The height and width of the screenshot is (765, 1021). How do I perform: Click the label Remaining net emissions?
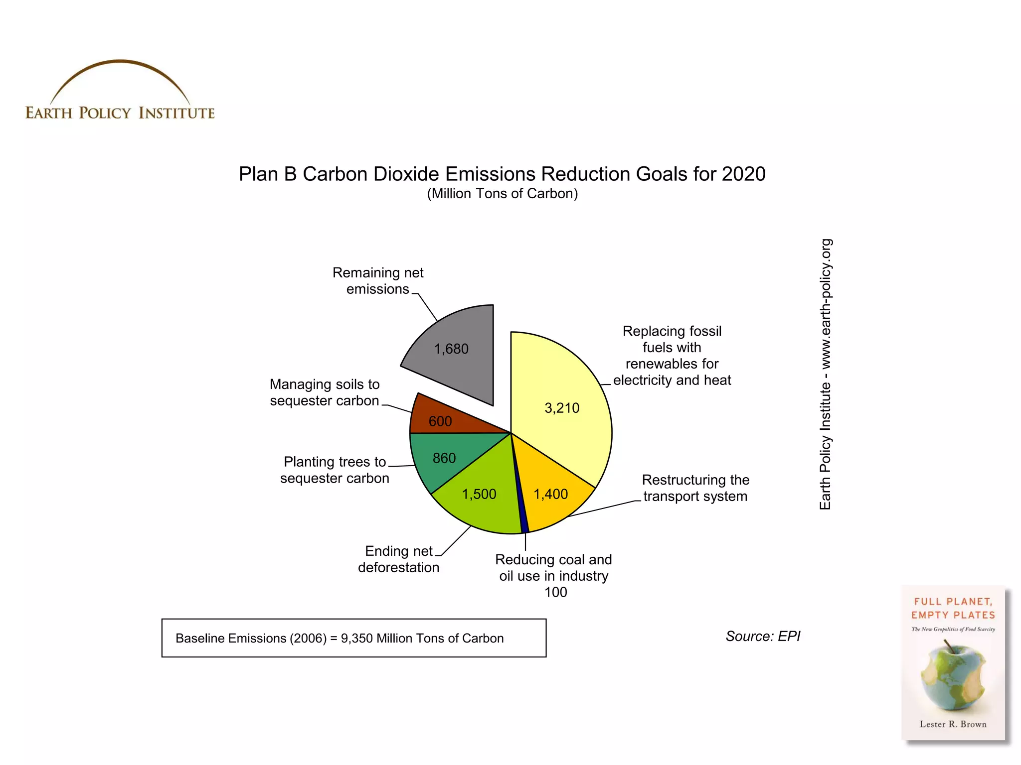pos(377,281)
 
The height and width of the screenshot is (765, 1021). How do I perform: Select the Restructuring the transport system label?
pos(695,488)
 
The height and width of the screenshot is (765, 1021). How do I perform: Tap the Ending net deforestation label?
pos(398,559)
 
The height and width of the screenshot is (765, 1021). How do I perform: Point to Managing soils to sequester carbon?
pos(325,392)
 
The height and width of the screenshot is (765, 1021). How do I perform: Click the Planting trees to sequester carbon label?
pos(335,470)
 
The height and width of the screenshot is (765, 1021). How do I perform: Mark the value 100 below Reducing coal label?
pos(555,592)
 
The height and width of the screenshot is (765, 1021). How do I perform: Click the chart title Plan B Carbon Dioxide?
pos(502,174)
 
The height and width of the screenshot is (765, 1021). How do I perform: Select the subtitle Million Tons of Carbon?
pos(502,194)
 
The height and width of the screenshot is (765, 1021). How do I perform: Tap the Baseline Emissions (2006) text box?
pos(353,638)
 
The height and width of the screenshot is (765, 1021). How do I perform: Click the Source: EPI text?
pos(763,637)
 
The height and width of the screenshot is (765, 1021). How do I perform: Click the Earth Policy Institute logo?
pos(120,92)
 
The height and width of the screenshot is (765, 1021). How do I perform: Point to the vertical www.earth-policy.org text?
pos(826,374)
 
